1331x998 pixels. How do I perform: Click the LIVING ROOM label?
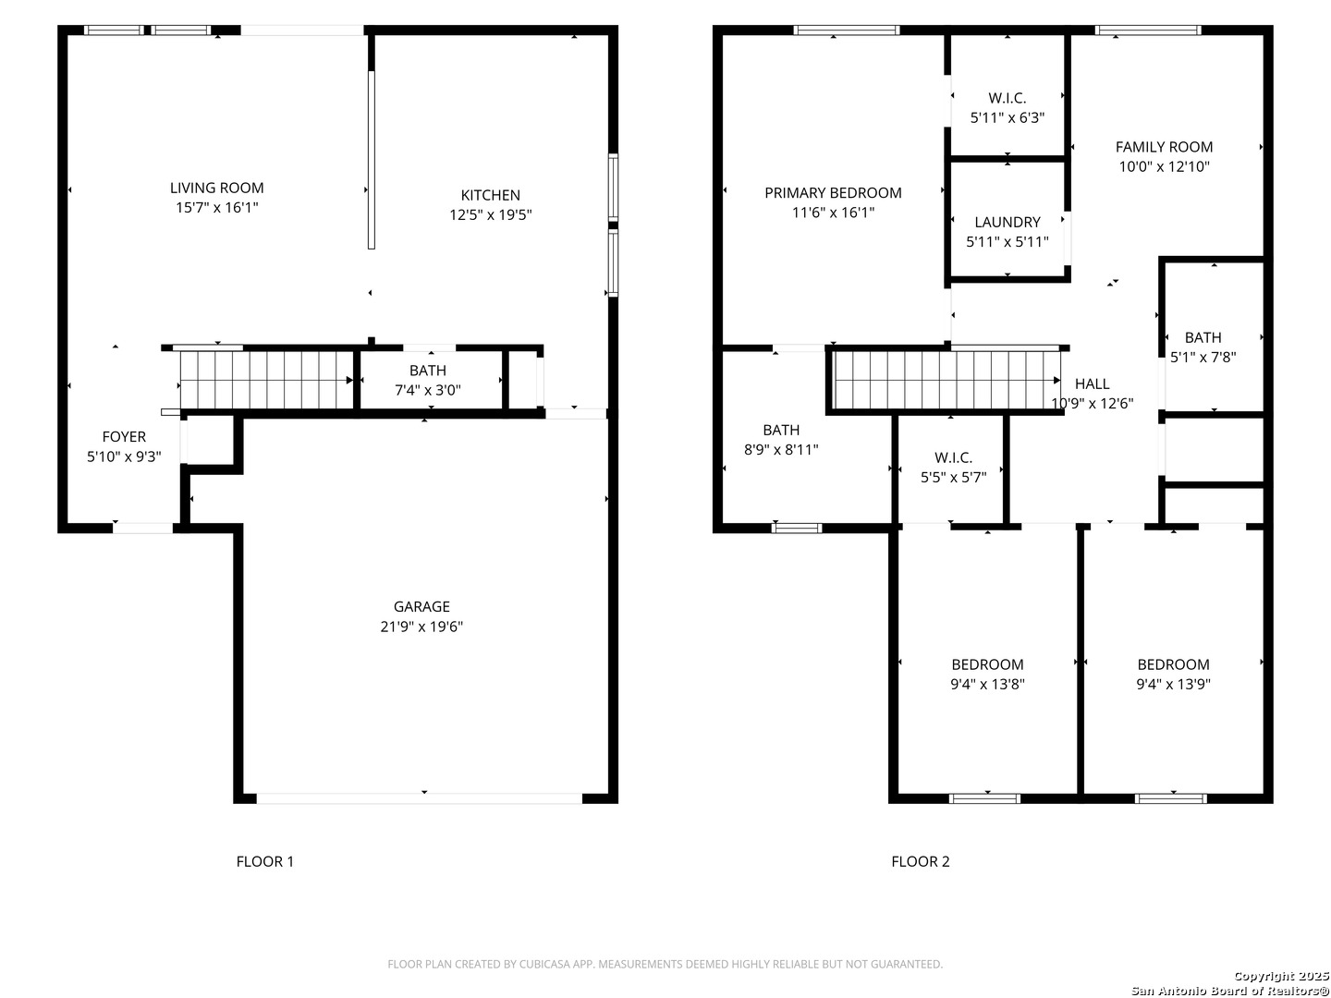click(x=216, y=188)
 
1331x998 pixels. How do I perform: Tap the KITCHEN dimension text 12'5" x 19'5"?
click(x=490, y=215)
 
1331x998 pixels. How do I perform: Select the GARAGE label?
click(x=421, y=606)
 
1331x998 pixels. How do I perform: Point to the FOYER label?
click(x=124, y=437)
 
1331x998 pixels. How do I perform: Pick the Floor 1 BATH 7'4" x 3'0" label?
click(x=428, y=371)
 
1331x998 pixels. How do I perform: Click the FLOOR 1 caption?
click(x=265, y=861)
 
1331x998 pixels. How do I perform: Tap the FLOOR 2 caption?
click(x=920, y=861)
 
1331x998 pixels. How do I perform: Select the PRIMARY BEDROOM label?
click(x=833, y=193)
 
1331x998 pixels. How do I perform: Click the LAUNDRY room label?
click(x=1007, y=223)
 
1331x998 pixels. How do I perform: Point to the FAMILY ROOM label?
click(x=1164, y=147)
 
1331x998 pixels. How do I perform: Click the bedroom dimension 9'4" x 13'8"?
click(x=987, y=684)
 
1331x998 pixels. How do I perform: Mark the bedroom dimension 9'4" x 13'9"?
click(x=1173, y=684)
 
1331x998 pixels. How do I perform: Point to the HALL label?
click(x=1093, y=383)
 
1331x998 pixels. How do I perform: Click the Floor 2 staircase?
click(x=946, y=381)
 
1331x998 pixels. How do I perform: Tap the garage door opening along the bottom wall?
click(x=419, y=798)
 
